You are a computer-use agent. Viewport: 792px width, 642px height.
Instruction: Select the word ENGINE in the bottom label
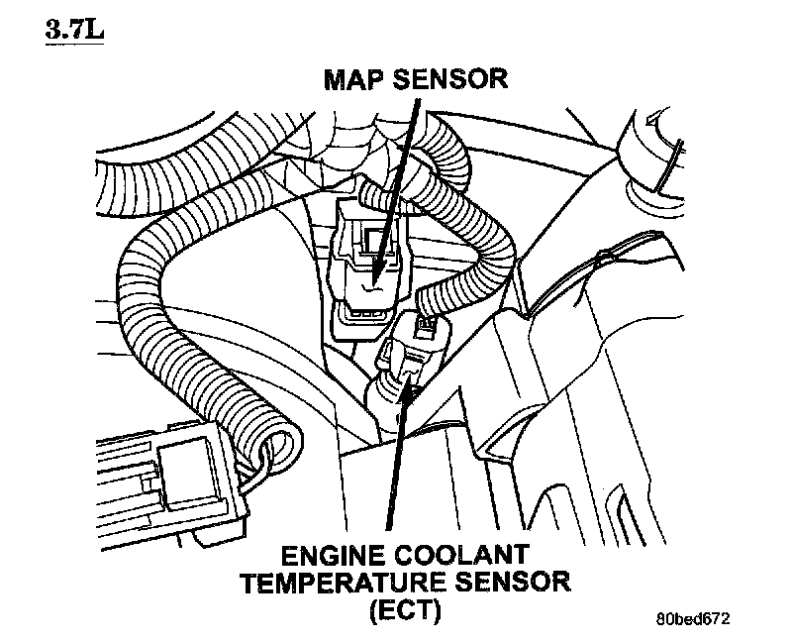click(327, 550)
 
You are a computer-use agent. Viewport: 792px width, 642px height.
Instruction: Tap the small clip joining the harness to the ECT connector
click(427, 321)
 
